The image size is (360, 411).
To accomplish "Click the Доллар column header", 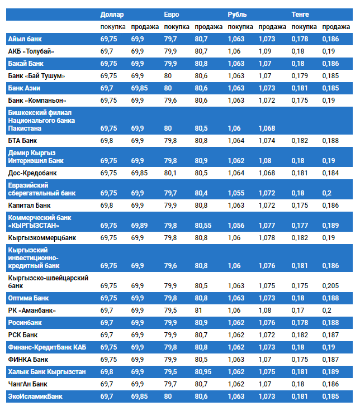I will tap(112, 14).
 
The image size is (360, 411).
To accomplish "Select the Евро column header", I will tap(172, 14).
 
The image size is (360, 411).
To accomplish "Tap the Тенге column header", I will tap(300, 14).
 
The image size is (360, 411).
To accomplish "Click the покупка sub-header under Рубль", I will tap(240, 27).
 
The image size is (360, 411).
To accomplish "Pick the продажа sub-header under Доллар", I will tap(145, 27).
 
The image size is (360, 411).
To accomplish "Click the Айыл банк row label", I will tap(25, 39).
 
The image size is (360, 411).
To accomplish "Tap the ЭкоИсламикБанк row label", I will tap(35, 396).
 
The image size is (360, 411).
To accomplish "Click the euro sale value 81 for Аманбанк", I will tap(199, 310).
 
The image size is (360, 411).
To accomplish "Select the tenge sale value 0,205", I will tap(330, 286).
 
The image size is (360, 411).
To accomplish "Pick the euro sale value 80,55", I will tap(204, 226).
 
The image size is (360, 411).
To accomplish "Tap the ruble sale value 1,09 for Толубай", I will tap(265, 51).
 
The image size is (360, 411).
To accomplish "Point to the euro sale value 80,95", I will tap(204, 372).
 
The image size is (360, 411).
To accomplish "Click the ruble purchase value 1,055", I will tap(236, 193).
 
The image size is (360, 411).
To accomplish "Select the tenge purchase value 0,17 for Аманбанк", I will tap(298, 310).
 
